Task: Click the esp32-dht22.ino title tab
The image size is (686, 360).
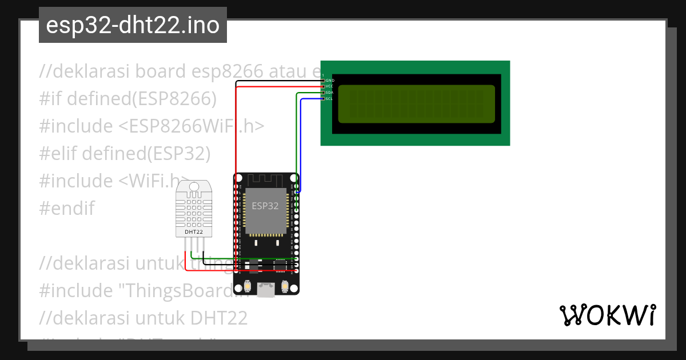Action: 133,25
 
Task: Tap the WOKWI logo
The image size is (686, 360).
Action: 607,315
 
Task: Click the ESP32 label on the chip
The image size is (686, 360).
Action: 265,206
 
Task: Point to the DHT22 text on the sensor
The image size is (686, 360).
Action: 193,232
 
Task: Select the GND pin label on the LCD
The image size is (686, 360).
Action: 330,81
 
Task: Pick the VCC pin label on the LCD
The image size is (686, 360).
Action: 329,86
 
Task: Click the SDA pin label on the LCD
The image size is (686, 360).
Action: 329,93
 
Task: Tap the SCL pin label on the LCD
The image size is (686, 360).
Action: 329,99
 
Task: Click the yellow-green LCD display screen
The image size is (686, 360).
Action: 416,104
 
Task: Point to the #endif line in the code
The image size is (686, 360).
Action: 67,208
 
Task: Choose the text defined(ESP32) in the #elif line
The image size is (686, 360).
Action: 146,153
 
